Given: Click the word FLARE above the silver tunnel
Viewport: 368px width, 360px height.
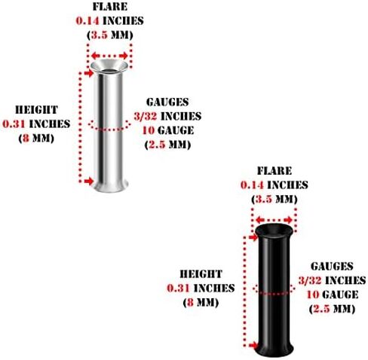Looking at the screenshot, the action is (x=110, y=7).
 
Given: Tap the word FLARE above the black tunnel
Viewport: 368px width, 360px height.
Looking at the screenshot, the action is (x=274, y=171).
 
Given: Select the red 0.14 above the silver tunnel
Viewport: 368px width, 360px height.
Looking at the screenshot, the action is (x=87, y=21).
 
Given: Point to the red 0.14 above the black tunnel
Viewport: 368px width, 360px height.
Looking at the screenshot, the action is (x=252, y=185).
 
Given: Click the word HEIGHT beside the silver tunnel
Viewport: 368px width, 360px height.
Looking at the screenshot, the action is (x=37, y=110).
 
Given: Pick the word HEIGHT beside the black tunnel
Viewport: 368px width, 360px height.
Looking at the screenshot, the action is (x=201, y=274).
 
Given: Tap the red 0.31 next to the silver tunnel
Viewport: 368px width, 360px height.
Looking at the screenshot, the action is (x=14, y=124).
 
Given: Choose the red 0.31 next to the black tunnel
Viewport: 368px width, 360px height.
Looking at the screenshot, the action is (x=178, y=288).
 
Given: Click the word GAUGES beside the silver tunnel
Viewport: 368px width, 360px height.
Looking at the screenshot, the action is (x=167, y=102).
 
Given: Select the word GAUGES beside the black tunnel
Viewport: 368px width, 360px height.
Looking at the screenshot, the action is (x=332, y=267).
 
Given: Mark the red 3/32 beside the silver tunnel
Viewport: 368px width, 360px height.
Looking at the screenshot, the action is (x=146, y=116).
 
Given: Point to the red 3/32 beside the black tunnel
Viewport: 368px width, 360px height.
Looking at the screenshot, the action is (x=310, y=280).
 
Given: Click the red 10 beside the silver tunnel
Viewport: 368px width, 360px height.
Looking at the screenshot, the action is (x=149, y=130).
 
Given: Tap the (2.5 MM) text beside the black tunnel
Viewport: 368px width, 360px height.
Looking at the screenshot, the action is (x=332, y=309).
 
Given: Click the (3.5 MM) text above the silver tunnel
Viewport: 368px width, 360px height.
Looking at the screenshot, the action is (x=110, y=35).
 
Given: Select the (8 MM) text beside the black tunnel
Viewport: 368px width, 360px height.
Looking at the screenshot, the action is (x=201, y=302).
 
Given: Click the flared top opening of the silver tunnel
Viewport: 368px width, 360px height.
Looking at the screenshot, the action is (x=109, y=66).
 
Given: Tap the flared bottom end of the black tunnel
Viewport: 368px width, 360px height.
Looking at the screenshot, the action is (x=274, y=349).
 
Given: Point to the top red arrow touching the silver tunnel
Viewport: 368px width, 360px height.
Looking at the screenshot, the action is (x=88, y=73).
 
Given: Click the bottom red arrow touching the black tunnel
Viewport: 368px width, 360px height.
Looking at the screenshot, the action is (x=253, y=346).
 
